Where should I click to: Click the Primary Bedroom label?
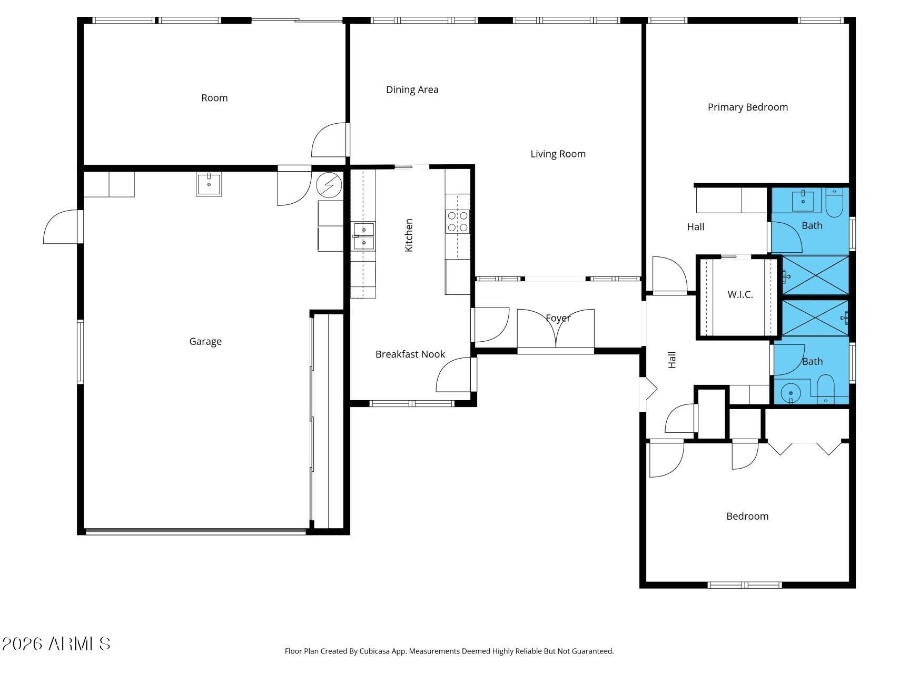747,107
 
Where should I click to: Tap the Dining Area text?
412,90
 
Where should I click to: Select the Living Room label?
558,154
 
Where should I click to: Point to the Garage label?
205,342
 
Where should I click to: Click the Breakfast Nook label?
410,354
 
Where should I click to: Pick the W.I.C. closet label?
740,294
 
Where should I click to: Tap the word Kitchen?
409,235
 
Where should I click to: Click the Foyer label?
558,318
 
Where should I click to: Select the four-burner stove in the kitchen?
458,221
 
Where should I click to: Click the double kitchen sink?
364,236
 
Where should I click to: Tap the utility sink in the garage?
209,184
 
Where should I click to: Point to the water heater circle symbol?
329,185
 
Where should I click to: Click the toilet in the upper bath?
835,203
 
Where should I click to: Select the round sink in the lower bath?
791,393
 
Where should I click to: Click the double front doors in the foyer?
556,329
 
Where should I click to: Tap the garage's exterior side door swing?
61,227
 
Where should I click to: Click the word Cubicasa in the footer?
376,651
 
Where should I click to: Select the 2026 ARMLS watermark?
56,644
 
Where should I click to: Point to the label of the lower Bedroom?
747,517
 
